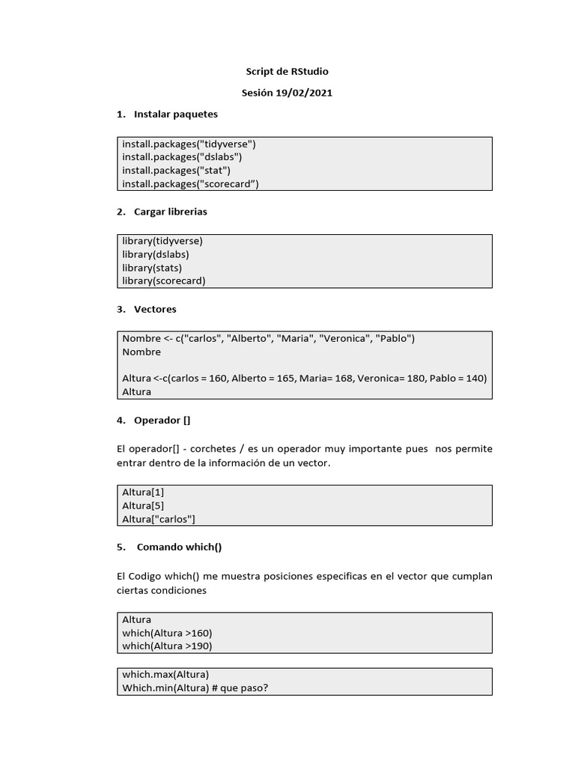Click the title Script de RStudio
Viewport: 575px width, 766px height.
pyautogui.click(x=287, y=72)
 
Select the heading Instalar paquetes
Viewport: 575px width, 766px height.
pyautogui.click(x=175, y=114)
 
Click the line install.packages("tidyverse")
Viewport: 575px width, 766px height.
pyautogui.click(x=189, y=144)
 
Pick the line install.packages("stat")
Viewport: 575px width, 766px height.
pyautogui.click(x=176, y=171)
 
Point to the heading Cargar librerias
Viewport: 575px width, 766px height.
pyautogui.click(x=170, y=212)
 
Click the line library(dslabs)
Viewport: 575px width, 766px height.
pyautogui.click(x=156, y=254)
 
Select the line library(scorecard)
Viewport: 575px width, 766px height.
pyautogui.click(x=163, y=281)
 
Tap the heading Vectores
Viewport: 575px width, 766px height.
pyautogui.click(x=155, y=309)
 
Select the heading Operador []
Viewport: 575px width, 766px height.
pyautogui.click(x=162, y=420)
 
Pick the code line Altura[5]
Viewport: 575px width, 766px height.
pyautogui.click(x=143, y=506)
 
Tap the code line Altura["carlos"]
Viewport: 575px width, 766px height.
pyautogui.click(x=159, y=519)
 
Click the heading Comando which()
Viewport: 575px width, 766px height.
pyautogui.click(x=179, y=547)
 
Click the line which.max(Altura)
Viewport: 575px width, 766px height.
pyautogui.click(x=165, y=675)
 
